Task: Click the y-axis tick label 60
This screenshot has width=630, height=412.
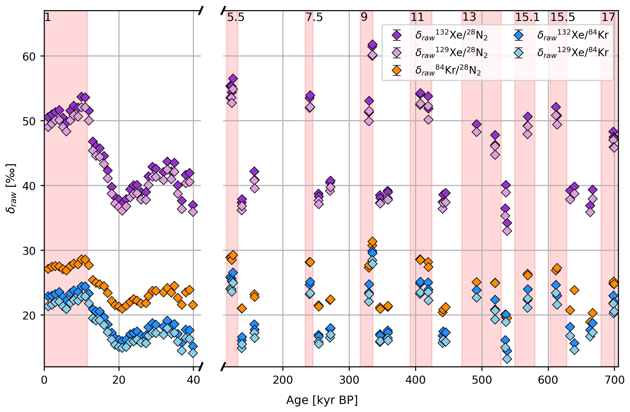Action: (x=29, y=56)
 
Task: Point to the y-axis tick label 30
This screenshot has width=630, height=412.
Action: (x=29, y=251)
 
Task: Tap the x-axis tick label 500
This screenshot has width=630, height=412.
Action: (x=482, y=380)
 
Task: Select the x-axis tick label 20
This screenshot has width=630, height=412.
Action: (x=119, y=380)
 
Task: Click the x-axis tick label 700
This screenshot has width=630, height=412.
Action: (x=614, y=380)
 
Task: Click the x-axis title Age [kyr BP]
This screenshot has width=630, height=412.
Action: (x=322, y=400)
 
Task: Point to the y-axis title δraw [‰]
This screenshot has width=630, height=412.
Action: (x=11, y=188)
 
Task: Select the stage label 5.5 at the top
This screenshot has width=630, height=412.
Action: (x=236, y=17)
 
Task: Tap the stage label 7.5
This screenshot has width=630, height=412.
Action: (x=314, y=17)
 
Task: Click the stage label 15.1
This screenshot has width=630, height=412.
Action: (x=527, y=17)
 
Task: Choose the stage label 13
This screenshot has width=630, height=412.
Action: (x=469, y=17)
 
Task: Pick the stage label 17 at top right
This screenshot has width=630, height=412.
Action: (x=608, y=17)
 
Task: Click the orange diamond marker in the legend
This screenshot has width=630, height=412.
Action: (x=397, y=71)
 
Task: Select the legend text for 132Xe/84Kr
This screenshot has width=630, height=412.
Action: (x=573, y=35)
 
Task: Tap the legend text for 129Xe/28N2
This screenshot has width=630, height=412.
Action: (x=451, y=53)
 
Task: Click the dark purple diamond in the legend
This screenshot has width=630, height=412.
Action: (x=397, y=35)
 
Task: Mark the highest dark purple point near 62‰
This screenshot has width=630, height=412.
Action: (x=372, y=45)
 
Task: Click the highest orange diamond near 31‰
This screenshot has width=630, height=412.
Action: (x=372, y=241)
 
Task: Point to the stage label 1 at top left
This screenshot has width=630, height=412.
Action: (x=48, y=17)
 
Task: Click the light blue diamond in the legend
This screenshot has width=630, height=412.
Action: (x=519, y=53)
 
